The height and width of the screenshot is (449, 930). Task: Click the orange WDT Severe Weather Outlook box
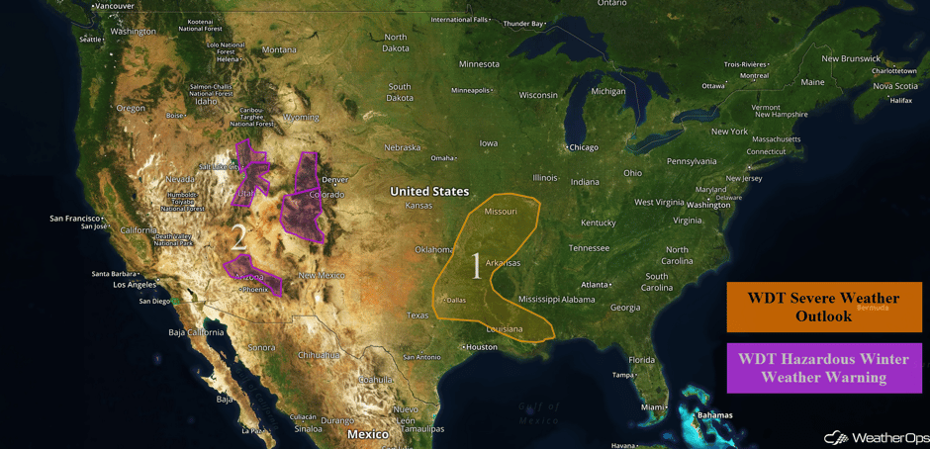(x=823, y=307)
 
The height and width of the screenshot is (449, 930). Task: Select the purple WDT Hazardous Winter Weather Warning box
(x=823, y=368)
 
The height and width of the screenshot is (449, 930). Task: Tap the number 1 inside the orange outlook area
(x=476, y=266)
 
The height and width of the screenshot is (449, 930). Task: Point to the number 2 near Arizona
(x=238, y=237)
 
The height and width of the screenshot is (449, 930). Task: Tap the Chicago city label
(x=583, y=147)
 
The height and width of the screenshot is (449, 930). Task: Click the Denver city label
(x=335, y=179)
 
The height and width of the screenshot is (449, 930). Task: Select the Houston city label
(x=482, y=347)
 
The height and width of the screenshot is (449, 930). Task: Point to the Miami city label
(x=651, y=406)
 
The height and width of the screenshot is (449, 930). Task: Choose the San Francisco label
(x=75, y=218)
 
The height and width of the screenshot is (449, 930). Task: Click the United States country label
(x=429, y=191)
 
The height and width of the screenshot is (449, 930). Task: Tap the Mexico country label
(x=367, y=434)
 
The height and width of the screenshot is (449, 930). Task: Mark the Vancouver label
(x=115, y=6)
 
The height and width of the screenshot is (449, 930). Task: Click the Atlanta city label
(x=595, y=284)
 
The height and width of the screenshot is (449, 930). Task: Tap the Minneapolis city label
(x=470, y=90)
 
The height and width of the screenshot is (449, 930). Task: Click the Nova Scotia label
(x=894, y=86)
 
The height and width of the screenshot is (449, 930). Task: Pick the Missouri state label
(x=501, y=212)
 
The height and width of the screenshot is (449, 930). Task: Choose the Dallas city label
(x=455, y=300)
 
